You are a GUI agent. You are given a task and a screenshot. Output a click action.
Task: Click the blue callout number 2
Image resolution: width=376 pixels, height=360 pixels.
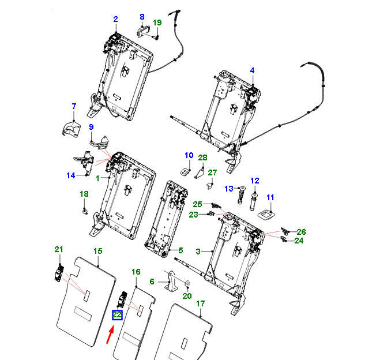(115, 19)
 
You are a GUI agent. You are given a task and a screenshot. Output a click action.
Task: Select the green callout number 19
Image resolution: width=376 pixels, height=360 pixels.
(157, 22)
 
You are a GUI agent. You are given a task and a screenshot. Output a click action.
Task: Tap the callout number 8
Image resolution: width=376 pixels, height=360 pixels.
(142, 17)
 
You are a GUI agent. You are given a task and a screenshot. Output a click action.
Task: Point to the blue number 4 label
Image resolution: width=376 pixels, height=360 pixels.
(252, 70)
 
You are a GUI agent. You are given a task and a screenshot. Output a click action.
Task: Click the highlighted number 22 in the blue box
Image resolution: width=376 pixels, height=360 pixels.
(117, 314)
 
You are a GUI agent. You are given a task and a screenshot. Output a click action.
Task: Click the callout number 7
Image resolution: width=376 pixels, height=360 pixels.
(74, 106)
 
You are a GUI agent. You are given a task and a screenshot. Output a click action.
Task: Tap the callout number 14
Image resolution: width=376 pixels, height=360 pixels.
(71, 175)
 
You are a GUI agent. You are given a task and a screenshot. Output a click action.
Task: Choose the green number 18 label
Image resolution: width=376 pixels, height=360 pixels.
(84, 194)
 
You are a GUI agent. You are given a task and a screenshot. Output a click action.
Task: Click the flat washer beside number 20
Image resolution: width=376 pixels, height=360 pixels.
(187, 283)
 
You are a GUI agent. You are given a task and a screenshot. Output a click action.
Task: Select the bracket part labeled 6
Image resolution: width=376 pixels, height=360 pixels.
(171, 282)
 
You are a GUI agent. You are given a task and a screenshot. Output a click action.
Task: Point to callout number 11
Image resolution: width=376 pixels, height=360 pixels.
(270, 197)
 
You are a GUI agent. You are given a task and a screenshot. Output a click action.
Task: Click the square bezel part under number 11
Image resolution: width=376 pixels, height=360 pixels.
(266, 215)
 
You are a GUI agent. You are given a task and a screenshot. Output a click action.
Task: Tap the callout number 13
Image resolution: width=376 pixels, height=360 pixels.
(229, 189)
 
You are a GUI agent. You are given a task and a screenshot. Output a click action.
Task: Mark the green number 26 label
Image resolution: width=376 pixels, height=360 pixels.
(301, 232)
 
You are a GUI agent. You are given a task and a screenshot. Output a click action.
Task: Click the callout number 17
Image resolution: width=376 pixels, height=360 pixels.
(200, 303)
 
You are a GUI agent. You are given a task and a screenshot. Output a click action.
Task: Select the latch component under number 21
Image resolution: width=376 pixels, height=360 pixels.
(59, 273)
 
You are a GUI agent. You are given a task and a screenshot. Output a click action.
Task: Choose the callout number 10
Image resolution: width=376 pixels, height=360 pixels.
(189, 155)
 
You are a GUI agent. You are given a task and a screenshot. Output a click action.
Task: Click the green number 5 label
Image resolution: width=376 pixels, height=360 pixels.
(181, 250)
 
